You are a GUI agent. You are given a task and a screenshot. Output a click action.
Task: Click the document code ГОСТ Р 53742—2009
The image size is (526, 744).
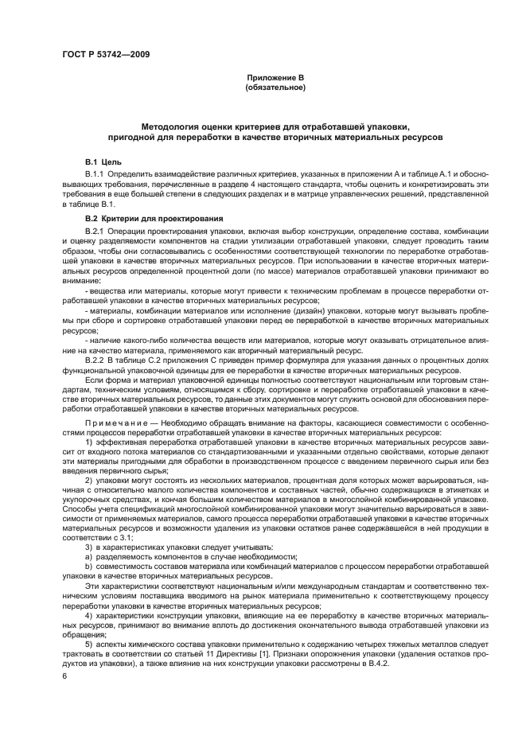(105, 54)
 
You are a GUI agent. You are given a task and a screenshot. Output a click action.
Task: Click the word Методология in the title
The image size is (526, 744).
(170, 127)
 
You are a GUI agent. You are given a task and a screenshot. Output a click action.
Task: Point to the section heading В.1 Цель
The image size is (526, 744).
(103, 162)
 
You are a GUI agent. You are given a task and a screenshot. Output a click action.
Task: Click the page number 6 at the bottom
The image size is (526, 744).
(64, 675)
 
